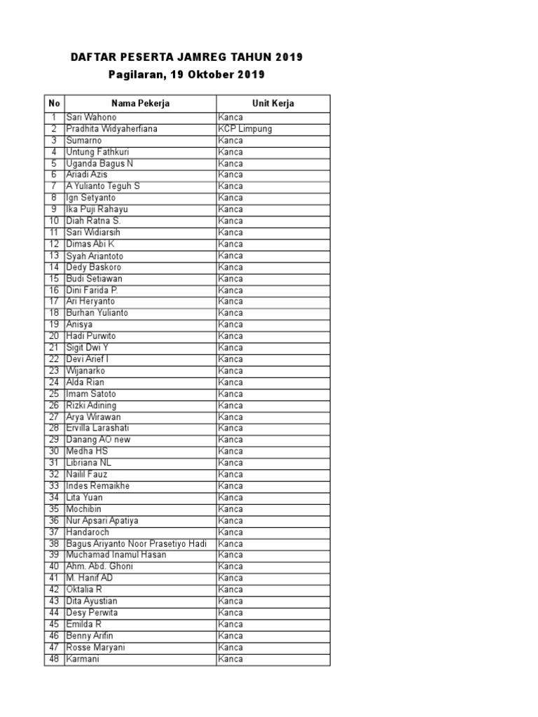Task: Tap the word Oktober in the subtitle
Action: pos(211,74)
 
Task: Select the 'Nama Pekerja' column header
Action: pos(140,104)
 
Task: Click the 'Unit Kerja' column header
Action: pos(273,104)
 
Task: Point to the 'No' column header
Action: pos(55,104)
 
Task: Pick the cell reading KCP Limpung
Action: pos(244,129)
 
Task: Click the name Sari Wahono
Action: pos(91,118)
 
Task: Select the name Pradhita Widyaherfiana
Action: pos(112,129)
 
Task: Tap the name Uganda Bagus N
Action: pos(99,163)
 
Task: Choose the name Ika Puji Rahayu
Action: pos(97,209)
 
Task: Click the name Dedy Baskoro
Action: pos(93,267)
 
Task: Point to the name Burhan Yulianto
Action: pos(97,313)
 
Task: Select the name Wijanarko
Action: pos(85,370)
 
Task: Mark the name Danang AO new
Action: pos(98,440)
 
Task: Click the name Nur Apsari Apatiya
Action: pos(102,520)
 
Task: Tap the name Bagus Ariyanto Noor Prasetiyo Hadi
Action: pos(136,543)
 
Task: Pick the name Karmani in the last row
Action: pos(83,659)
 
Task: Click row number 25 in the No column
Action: pos(54,394)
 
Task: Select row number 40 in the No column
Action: pos(54,566)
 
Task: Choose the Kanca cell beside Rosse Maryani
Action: pos(230,647)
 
